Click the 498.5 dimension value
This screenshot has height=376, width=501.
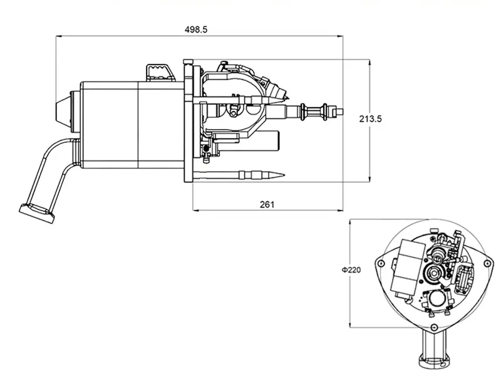196,29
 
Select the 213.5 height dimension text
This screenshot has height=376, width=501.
370,118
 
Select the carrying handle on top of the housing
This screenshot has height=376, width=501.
160,73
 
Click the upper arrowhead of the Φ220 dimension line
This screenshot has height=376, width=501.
349,223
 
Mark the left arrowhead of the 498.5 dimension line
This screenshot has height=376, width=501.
59,36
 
